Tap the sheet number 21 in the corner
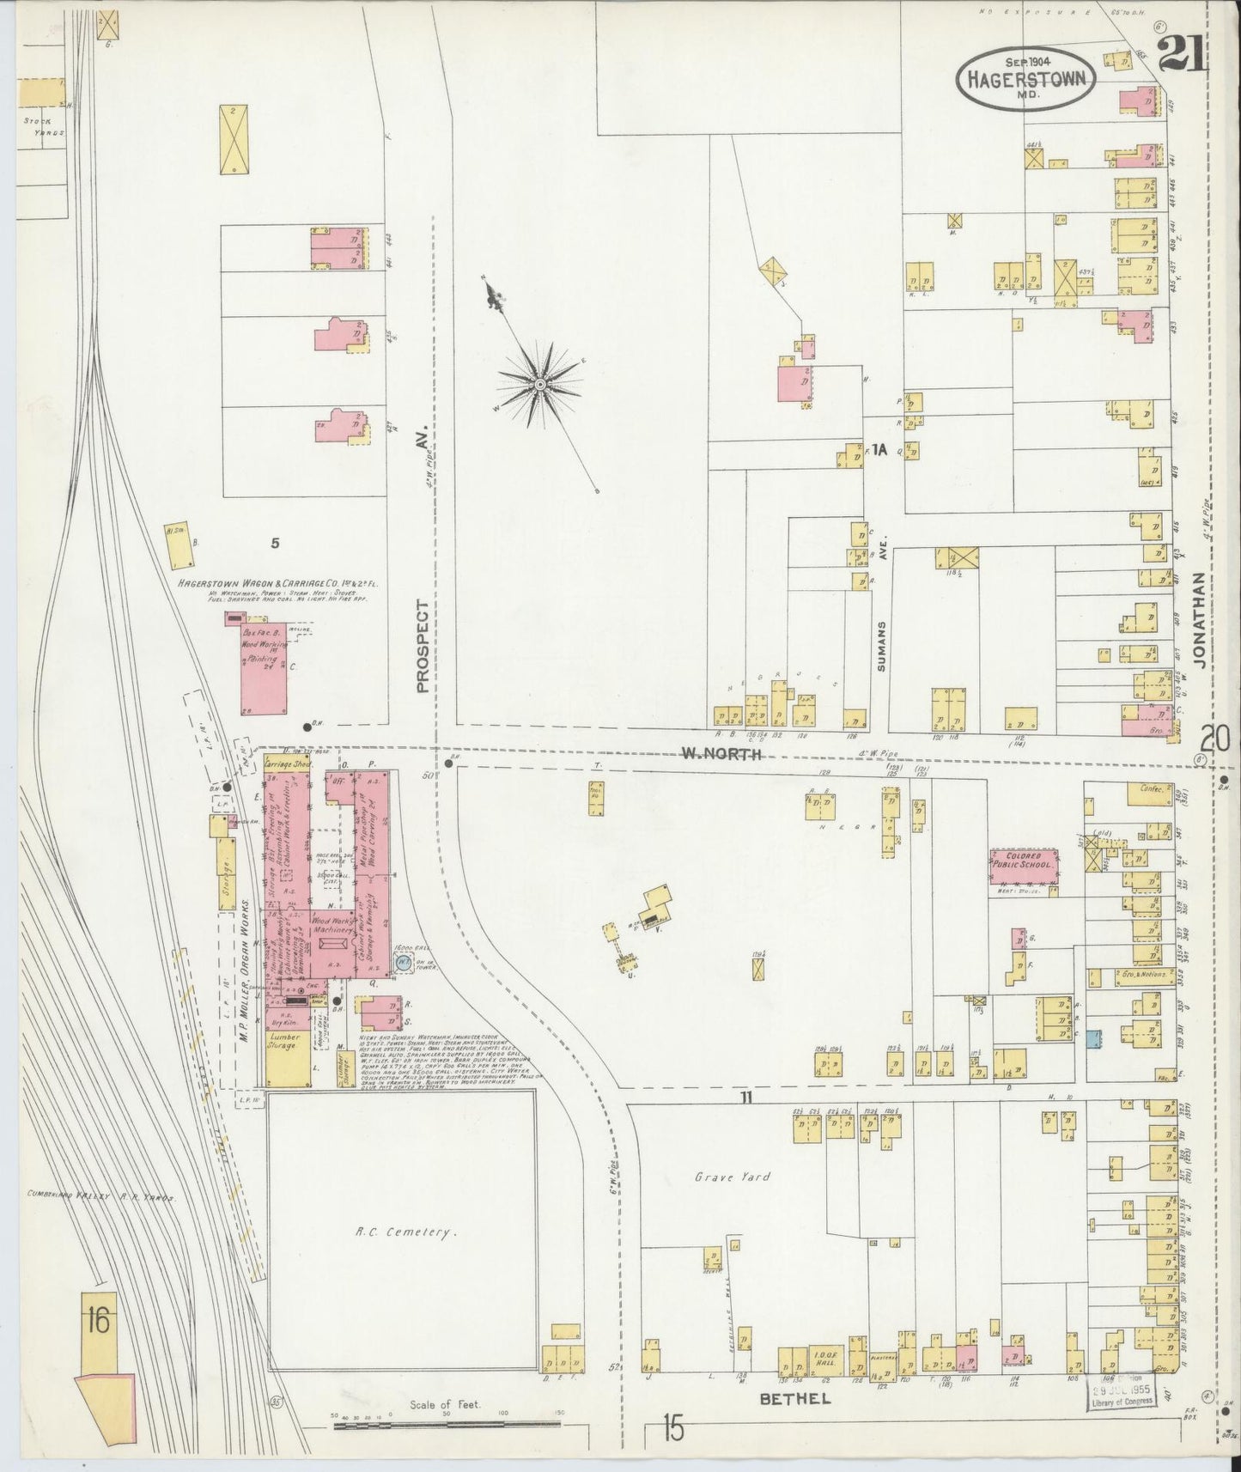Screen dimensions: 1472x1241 click(1183, 57)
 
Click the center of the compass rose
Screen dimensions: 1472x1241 click(541, 383)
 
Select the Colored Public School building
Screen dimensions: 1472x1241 click(1023, 865)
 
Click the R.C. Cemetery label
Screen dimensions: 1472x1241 click(405, 1233)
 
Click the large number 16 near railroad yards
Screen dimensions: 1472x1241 click(97, 1320)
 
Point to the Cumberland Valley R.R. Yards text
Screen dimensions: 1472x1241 click(101, 1195)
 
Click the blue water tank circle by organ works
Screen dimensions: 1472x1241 click(402, 964)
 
